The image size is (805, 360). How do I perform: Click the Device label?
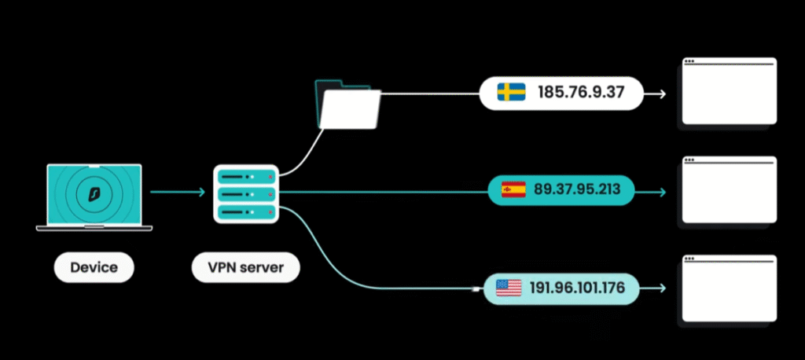click(94, 267)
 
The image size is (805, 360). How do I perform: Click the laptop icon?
click(94, 197)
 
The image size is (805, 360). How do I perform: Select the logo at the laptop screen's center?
click(94, 192)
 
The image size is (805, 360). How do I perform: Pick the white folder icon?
click(349, 105)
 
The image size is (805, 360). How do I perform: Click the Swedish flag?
click(512, 93)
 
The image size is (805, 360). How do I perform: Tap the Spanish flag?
click(513, 189)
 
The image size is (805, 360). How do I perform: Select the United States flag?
click(509, 288)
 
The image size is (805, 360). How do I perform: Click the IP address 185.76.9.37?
click(580, 93)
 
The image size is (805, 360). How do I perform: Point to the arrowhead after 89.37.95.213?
click(663, 192)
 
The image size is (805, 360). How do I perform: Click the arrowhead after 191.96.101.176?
click(663, 289)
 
